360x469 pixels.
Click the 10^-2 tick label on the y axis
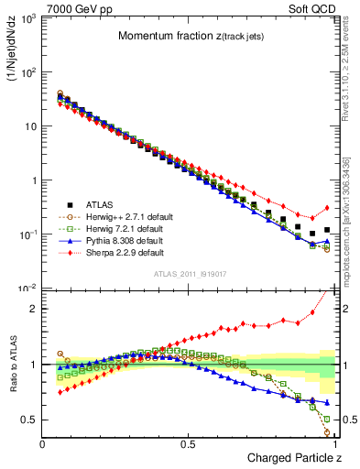point(27,288)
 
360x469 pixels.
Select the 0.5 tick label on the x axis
point(188,443)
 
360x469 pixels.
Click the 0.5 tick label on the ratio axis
point(29,420)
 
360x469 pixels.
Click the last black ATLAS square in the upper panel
point(327,230)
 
